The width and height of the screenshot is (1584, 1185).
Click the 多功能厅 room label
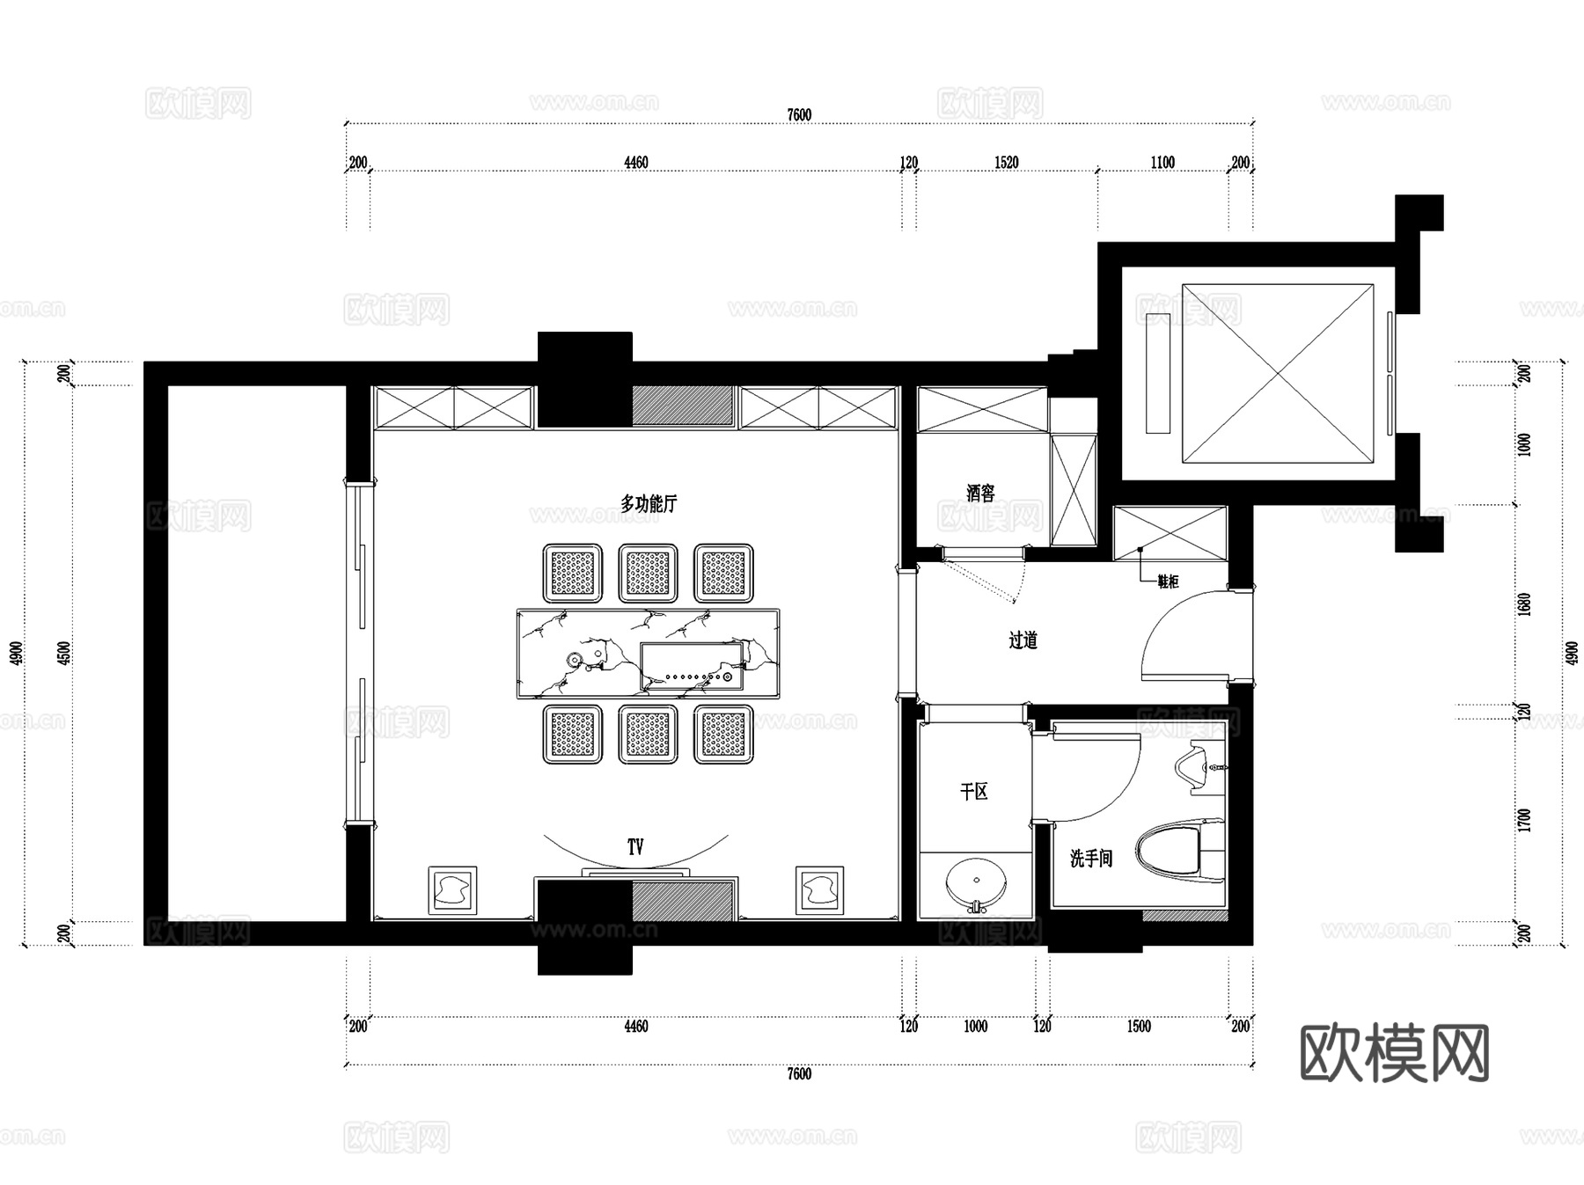tap(649, 504)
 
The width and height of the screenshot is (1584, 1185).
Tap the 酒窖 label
tap(980, 494)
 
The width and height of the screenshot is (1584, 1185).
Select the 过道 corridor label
tap(1023, 640)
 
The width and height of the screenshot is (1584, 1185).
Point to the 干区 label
tap(973, 792)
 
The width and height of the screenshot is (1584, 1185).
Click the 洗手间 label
tap(1090, 858)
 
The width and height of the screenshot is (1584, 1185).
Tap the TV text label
tap(635, 846)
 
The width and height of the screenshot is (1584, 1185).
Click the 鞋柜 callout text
tap(1168, 582)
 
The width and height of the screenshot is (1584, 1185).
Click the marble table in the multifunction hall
tap(648, 654)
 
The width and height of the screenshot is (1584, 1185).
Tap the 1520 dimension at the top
tap(1006, 163)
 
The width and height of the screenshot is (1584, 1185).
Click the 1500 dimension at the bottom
tap(1138, 1026)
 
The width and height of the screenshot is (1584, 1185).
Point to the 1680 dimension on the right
tap(1525, 604)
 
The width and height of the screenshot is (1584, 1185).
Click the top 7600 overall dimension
tap(799, 115)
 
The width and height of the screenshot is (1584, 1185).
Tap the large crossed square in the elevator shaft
tap(1277, 374)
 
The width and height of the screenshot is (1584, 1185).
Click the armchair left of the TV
tap(453, 889)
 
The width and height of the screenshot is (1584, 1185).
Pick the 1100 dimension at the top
tap(1162, 163)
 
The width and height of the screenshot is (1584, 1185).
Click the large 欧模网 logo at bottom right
tap(1394, 1053)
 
